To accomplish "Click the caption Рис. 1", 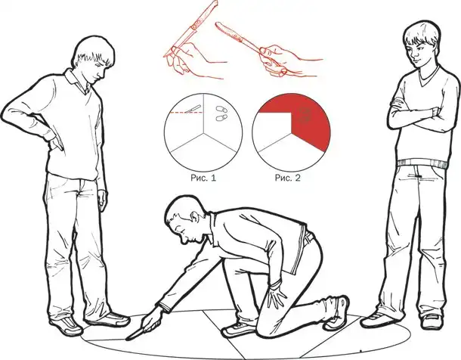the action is [203, 178].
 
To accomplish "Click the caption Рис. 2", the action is [288, 178].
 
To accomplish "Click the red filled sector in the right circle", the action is [306, 123].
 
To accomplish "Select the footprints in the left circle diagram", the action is [221, 113].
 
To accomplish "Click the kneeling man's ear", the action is [194, 218].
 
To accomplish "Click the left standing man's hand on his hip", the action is [56, 143].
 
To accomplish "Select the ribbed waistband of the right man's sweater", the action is [422, 163].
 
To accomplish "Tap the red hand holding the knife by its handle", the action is [277, 61].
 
